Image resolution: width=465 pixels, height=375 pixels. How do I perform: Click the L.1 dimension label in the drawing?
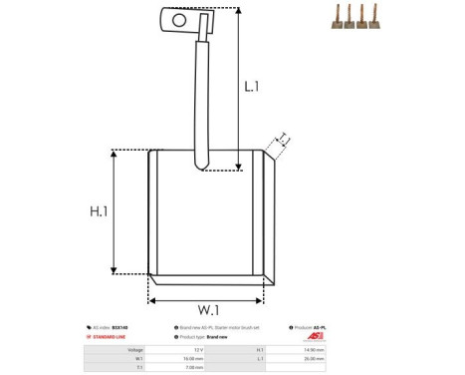tap(253, 87)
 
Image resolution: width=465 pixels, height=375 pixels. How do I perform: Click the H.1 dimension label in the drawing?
tap(100, 212)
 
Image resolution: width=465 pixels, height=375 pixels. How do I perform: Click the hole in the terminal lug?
tap(179, 18)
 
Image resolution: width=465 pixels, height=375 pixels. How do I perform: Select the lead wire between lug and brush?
tap(199, 100)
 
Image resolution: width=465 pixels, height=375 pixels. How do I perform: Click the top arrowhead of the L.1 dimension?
tap(240, 11)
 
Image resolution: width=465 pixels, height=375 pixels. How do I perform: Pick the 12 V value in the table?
tap(198, 350)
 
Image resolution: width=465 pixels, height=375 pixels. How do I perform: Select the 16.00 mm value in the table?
tap(194, 359)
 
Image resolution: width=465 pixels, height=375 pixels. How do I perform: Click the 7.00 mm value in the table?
tap(194, 368)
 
